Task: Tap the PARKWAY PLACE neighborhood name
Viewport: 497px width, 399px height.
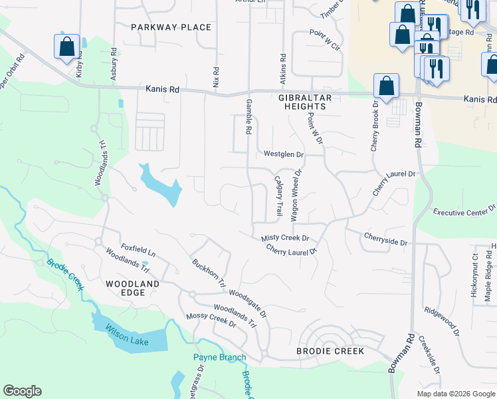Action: point(171,27)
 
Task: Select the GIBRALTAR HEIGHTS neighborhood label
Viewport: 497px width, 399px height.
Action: point(302,102)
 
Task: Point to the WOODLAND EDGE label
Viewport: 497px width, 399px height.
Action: point(133,289)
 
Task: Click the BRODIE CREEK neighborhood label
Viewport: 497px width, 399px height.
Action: point(330,350)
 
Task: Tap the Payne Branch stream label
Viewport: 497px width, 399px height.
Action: point(219,357)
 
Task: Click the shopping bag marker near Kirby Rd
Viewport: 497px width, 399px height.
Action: point(66,47)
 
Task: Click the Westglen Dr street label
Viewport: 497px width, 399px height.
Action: point(283,154)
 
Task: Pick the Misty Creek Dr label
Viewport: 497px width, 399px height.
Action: point(285,237)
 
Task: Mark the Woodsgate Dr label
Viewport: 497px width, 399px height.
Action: point(247,302)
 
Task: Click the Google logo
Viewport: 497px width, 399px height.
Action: point(22,391)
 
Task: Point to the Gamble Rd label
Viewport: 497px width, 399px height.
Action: point(248,117)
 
